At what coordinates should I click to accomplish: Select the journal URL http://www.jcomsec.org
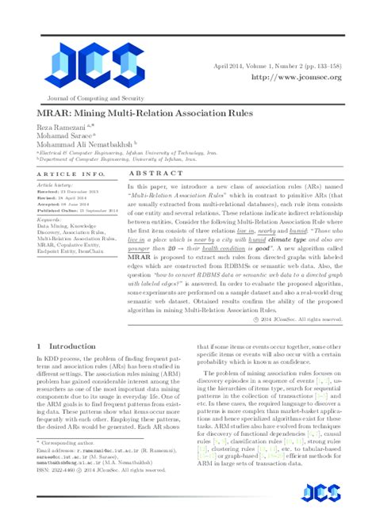(x=295, y=78)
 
